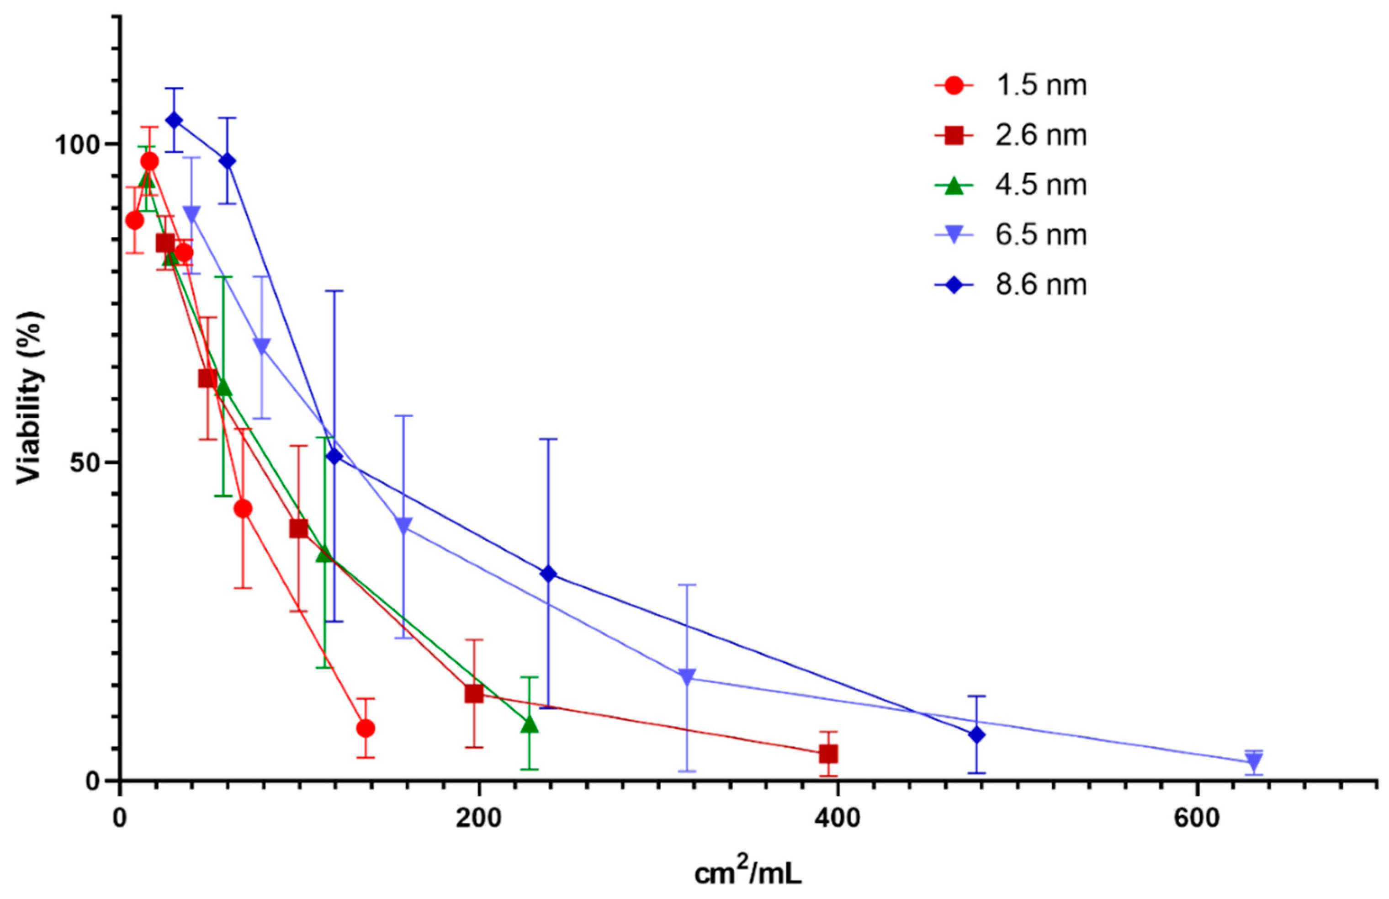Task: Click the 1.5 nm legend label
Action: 1041,86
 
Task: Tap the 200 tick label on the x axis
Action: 478,819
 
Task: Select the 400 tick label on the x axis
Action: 838,819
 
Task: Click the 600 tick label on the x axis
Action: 1196,819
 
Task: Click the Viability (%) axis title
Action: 30,397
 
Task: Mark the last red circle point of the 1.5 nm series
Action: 366,729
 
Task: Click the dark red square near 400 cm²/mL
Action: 828,754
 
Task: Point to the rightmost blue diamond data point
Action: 976,735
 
